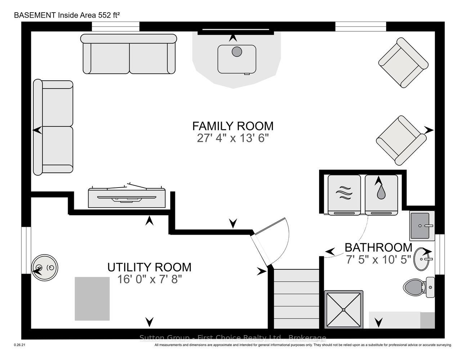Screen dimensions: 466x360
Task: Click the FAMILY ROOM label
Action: (233, 126)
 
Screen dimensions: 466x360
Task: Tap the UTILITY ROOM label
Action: (149, 267)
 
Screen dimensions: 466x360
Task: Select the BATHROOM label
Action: (378, 248)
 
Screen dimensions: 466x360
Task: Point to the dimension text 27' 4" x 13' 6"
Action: (233, 138)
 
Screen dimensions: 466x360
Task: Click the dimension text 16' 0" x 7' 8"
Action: (149, 279)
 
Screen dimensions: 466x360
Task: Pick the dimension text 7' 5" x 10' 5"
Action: (378, 260)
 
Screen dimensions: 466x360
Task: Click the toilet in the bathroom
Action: (419, 287)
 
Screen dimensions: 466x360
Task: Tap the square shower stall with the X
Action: (344, 310)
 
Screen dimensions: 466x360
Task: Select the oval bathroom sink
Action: (422, 259)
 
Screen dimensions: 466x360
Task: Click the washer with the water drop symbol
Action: (381, 195)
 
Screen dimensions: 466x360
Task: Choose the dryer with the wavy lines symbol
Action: (344, 195)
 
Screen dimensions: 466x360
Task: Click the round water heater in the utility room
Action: (45, 267)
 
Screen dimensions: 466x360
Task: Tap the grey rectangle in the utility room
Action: (92, 299)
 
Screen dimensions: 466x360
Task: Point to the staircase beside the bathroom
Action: (297, 299)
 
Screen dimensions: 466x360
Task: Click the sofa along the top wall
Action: (129, 54)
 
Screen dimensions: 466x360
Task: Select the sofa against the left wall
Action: (53, 127)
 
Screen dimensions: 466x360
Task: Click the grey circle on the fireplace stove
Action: (237, 51)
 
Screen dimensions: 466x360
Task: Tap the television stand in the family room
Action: (127, 198)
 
